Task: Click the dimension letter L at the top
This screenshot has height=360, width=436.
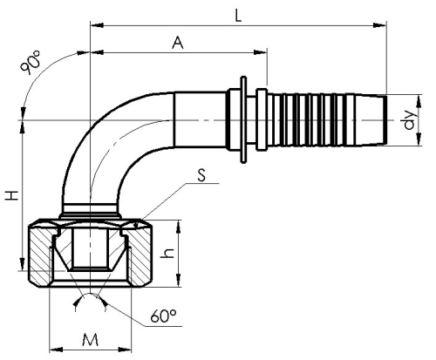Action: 238,17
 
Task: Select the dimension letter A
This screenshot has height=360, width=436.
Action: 178,43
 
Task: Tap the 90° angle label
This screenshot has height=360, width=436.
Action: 31,63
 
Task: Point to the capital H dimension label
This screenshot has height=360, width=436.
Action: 12,195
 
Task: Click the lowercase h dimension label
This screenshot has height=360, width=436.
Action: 167,253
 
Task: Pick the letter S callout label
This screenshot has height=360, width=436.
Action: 201,176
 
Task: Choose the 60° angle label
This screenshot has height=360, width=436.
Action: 163,316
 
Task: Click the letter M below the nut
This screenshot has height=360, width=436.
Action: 90,340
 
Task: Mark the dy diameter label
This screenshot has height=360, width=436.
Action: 411,119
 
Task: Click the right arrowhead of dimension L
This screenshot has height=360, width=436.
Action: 380,25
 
